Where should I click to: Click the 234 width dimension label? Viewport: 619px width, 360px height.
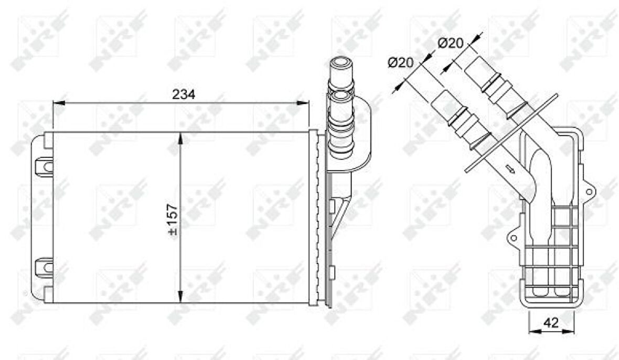[x=184, y=94]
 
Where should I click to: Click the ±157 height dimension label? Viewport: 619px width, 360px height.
[x=173, y=220]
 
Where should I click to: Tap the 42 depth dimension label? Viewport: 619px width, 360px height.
[x=551, y=323]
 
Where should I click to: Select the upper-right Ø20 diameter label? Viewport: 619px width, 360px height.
[x=451, y=43]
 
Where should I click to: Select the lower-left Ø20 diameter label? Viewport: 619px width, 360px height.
[x=400, y=62]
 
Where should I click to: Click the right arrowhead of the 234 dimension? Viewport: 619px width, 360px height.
[x=303, y=103]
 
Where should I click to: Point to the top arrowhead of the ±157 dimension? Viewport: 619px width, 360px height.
[x=181, y=139]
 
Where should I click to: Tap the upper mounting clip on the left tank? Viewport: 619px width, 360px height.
[x=44, y=166]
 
